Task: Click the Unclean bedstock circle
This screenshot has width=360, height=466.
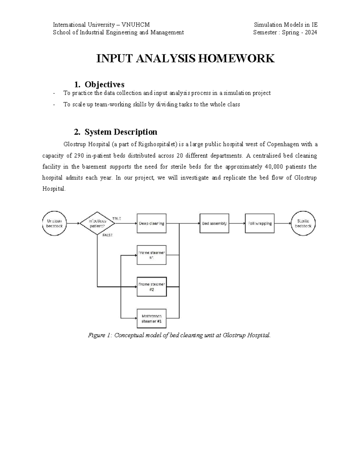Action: pos(54,223)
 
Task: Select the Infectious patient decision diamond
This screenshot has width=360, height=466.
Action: pos(97,223)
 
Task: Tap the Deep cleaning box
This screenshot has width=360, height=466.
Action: pos(151,223)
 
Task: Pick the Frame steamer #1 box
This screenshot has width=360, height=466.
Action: pos(151,255)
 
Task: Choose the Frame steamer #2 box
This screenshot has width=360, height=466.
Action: pos(151,287)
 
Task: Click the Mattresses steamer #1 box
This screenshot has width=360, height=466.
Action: pos(151,318)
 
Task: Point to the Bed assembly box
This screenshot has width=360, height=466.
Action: pos(214,223)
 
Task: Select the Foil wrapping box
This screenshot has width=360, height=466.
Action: pos(260,223)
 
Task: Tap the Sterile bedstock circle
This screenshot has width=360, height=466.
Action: pos(303,223)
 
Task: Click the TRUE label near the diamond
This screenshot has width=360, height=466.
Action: pos(117,218)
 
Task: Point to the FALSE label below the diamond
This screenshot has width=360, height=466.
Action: pos(107,235)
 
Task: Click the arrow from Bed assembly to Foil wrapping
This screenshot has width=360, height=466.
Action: pos(237,223)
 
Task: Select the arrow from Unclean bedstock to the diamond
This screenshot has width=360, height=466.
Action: pos(73,223)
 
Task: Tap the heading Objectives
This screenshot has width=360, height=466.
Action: pos(104,84)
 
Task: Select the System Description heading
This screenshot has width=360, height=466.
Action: pos(121,132)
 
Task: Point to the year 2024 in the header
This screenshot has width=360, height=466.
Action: pos(311,32)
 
